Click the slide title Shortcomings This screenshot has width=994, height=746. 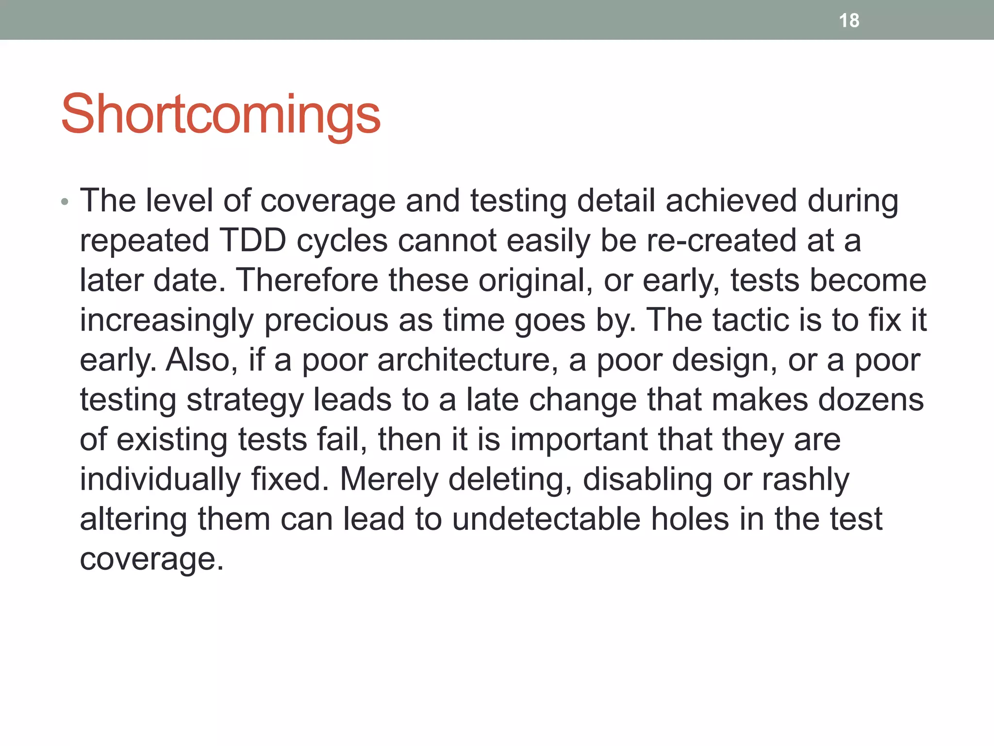coord(221,115)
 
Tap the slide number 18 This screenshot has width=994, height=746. coord(849,20)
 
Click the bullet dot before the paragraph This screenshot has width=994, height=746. coord(65,202)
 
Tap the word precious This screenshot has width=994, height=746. coord(326,321)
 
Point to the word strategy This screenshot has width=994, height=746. coord(245,400)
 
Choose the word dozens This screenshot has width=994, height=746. coord(871,400)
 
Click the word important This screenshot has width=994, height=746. coord(579,440)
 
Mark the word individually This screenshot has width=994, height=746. coord(160,479)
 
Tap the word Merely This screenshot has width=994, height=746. coord(389,479)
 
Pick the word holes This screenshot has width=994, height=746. coord(690,519)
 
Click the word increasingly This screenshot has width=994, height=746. coord(166,321)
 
